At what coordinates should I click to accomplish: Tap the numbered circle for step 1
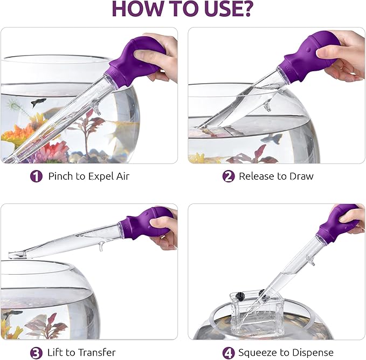point(36,176)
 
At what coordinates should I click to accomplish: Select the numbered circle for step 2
point(229,176)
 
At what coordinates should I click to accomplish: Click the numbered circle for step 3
point(36,353)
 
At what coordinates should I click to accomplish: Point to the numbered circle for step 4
point(229,353)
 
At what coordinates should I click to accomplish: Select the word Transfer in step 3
point(96,352)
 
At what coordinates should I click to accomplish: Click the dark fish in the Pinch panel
point(38,102)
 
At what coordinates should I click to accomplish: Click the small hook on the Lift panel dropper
point(101,247)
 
